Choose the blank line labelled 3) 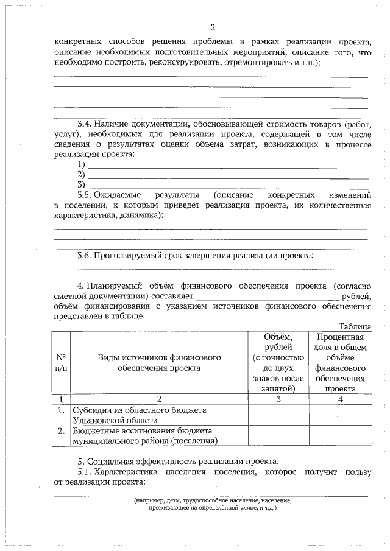[x=229, y=184]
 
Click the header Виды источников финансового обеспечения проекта [x=159, y=363]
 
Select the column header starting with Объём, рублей [x=278, y=363]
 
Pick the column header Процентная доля [x=340, y=363]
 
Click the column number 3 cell [x=278, y=399]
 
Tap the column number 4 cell [x=340, y=399]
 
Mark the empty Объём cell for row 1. [x=278, y=415]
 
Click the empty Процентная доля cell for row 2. [x=340, y=435]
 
